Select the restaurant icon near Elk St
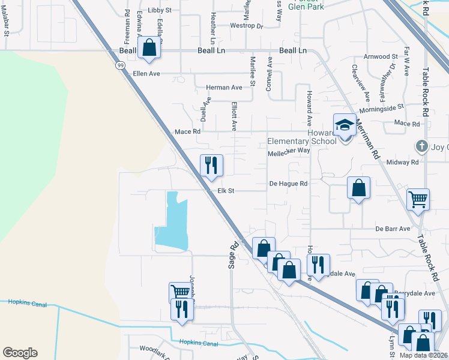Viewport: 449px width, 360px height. [211, 165]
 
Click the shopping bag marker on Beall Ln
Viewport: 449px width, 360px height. [149, 48]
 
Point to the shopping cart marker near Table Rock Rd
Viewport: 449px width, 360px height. [418, 199]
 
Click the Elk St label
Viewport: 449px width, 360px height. [225, 191]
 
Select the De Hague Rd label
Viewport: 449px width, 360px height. [288, 184]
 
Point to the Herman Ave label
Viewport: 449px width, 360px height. [224, 88]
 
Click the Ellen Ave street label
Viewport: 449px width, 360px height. [146, 74]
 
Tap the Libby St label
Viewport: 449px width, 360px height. [160, 10]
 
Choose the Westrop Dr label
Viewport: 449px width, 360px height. [247, 26]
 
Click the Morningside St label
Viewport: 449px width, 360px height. [382, 109]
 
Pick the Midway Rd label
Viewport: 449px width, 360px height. [402, 162]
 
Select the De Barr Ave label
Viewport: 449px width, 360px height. [393, 229]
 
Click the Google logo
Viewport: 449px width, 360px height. [20, 353]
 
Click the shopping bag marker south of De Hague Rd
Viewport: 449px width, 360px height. [358, 188]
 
